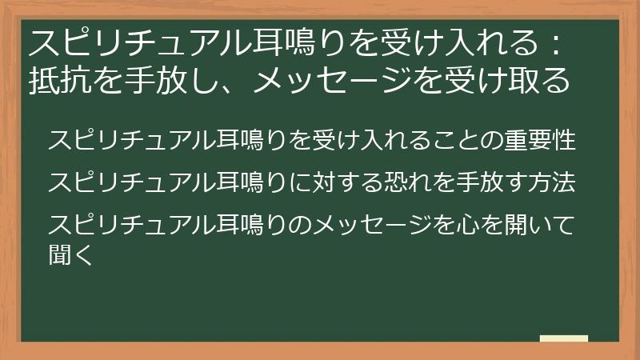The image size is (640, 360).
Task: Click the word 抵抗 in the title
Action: click(54, 80)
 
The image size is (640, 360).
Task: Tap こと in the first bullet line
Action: click(451, 140)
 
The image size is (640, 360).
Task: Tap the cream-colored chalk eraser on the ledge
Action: click(564, 339)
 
